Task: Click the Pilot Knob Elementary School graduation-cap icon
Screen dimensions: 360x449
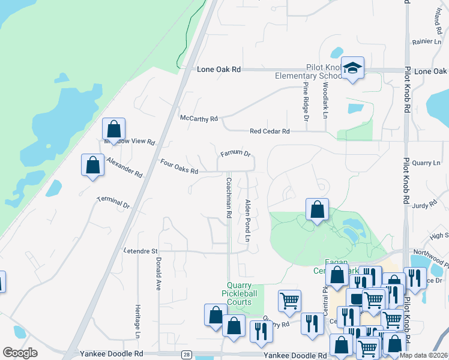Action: coord(352,68)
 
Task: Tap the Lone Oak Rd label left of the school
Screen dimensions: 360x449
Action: coord(218,70)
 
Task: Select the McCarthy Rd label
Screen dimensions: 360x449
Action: coord(199,119)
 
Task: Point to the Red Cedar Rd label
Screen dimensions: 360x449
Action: coord(270,131)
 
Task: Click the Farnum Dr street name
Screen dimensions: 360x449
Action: coord(235,154)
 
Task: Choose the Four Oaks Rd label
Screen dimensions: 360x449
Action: coord(179,166)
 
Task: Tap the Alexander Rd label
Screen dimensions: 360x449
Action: coord(124,167)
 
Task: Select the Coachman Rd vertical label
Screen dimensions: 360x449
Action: coord(229,196)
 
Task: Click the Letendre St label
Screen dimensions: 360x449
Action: coord(140,251)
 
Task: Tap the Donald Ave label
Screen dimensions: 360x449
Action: coord(158,274)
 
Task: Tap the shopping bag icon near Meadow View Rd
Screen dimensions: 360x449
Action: coord(113,128)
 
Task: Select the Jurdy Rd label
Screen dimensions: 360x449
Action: coord(424,205)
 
